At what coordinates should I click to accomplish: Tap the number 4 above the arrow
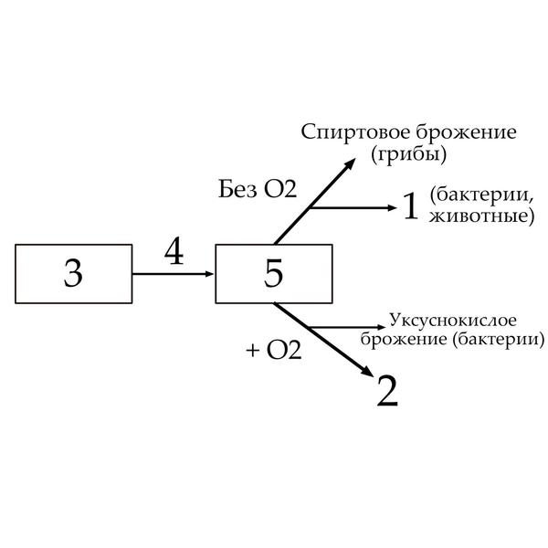[174, 251]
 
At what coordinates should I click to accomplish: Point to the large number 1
[410, 207]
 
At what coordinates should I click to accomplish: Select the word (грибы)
[409, 154]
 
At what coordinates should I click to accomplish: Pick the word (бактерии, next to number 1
[480, 197]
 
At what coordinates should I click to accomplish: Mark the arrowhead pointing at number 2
[367, 374]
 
